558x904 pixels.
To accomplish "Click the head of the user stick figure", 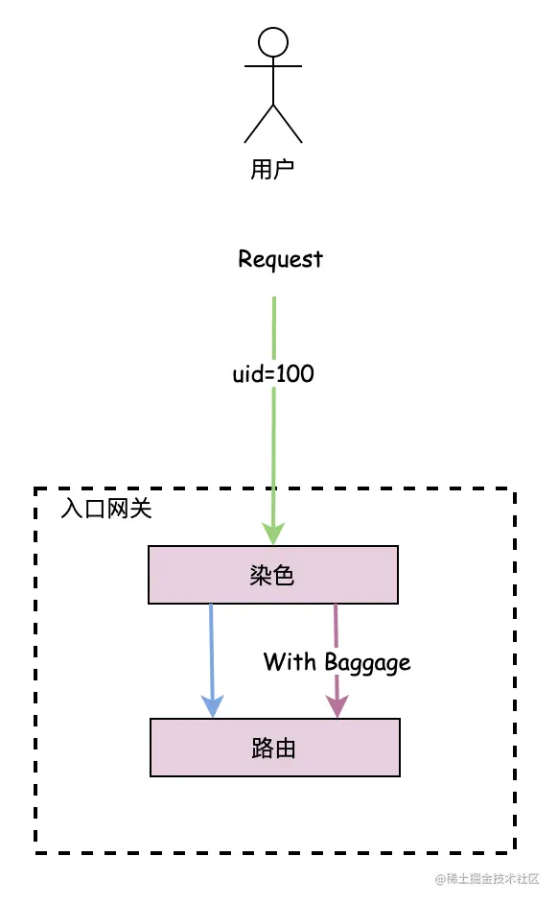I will tap(273, 41).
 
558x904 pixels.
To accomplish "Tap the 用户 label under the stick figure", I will tap(272, 170).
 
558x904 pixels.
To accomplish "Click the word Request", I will tap(280, 259).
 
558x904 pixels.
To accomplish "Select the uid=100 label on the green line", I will tap(273, 373).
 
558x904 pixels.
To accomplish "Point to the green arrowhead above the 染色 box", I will tap(274, 534).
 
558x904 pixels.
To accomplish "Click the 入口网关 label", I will tap(105, 509).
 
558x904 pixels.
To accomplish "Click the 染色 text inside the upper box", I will tap(272, 575).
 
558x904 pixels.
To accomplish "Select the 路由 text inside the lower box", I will tap(274, 748).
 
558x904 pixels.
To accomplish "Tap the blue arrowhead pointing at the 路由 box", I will tap(212, 706).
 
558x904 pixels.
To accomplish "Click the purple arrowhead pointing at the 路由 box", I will tap(337, 706).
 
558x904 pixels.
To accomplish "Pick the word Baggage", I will tap(367, 662).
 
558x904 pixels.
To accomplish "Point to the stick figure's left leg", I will tap(259, 123).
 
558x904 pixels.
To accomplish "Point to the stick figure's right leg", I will tap(288, 123).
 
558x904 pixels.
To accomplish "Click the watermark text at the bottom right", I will tap(487, 878).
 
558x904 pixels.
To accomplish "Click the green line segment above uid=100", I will tap(274, 326).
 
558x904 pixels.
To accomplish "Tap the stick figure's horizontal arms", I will tap(273, 66).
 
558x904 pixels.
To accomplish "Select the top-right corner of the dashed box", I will tap(515, 490).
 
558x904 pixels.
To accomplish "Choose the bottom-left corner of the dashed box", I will tap(36, 851).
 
